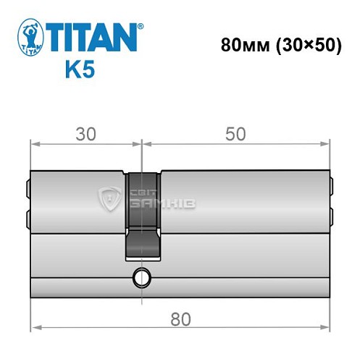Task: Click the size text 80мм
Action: coord(245,43)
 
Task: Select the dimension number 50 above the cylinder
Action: coord(235,134)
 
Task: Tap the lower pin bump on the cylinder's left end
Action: coord(28,217)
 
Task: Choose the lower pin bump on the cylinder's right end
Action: coord(332,217)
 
